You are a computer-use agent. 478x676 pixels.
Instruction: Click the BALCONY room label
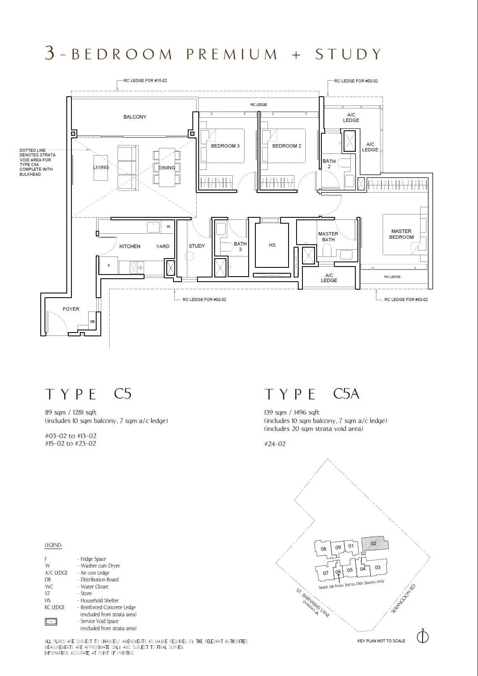(135, 117)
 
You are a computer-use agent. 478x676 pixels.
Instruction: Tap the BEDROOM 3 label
(225, 146)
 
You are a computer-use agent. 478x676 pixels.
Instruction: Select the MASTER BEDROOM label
(401, 234)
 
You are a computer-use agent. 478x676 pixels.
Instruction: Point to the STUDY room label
(197, 246)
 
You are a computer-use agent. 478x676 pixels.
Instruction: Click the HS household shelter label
(272, 245)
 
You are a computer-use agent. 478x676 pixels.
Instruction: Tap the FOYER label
(71, 309)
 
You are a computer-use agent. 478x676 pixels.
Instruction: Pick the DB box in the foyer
(92, 322)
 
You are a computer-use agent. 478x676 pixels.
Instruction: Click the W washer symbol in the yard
(168, 227)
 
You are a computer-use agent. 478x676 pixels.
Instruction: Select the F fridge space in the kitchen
(109, 266)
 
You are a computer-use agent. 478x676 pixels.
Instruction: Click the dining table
(167, 167)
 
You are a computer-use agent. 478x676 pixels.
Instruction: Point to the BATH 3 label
(240, 246)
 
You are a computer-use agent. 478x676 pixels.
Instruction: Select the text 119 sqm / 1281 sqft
(71, 412)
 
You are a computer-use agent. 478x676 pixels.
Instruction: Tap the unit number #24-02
(275, 444)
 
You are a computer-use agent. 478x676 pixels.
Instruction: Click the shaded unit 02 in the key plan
(374, 544)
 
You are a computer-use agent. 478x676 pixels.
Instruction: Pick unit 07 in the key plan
(326, 573)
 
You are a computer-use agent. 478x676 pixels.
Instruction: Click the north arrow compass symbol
(423, 637)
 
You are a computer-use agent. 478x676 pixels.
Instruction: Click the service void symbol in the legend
(51, 621)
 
